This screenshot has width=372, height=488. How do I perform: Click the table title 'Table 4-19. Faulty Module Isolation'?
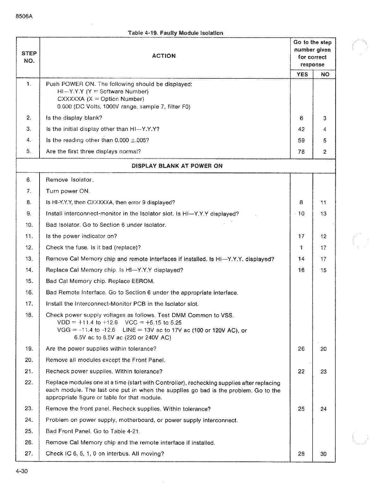coord(175,33)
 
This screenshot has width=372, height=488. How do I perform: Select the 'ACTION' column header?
coord(164,56)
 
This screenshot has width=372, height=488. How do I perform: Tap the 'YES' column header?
coord(302,75)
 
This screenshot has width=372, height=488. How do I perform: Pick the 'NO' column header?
coord(325,75)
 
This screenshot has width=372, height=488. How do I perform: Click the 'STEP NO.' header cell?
coord(29,57)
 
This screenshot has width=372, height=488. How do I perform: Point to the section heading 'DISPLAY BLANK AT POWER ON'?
coord(177,166)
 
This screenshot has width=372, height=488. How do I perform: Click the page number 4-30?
coord(22,472)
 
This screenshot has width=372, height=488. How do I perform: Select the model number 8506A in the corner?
coord(24,17)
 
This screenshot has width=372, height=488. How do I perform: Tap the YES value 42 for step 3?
coord(301,129)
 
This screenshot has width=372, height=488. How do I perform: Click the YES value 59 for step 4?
coord(301,140)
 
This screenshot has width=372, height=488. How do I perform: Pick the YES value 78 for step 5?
coord(301,152)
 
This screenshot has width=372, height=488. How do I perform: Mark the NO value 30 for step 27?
coord(323,454)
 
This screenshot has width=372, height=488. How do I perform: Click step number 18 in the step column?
coord(29,315)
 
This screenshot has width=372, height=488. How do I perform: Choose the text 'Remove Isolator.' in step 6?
coord(70,180)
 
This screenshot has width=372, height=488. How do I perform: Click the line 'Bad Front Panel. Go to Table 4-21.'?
coord(93,431)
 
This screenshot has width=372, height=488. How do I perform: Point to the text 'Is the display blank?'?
coord(74,118)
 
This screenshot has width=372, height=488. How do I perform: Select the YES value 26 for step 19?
coord(301,349)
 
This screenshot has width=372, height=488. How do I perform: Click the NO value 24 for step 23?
coord(323,409)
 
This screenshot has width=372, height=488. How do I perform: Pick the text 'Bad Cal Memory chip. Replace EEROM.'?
coord(100,281)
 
